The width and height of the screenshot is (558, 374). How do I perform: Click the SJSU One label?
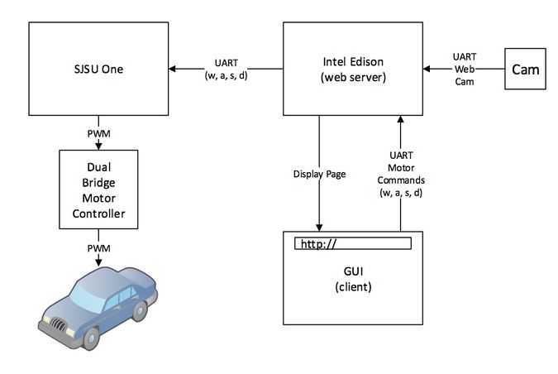coord(98,69)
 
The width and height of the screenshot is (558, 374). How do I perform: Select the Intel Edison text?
coord(353,61)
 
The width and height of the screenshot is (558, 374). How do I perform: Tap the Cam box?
coord(525,69)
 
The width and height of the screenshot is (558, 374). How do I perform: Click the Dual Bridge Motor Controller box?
coord(98,189)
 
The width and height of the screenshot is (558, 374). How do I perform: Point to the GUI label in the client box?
coord(353,271)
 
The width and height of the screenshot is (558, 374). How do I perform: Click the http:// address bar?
coord(353,243)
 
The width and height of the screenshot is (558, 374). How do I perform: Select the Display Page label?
coord(319,175)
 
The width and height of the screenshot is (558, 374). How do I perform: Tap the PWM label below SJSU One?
coord(98,133)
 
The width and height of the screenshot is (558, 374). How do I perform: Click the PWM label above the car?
coord(98,248)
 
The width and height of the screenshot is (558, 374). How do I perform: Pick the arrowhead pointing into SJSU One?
coord(172,69)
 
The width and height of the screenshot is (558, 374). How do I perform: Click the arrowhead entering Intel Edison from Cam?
coord(427,69)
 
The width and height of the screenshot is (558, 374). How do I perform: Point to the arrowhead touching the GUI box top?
coord(319,228)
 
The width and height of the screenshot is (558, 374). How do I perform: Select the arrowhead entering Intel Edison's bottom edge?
coord(400,119)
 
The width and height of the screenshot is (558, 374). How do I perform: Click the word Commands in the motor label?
coord(401,180)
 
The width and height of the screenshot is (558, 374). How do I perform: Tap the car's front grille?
coord(58,324)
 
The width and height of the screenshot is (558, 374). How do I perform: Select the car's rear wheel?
coord(140,311)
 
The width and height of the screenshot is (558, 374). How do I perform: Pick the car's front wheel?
coord(91,338)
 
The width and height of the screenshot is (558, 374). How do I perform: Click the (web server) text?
coord(353,77)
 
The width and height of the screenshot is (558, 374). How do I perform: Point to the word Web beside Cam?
coord(465,70)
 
